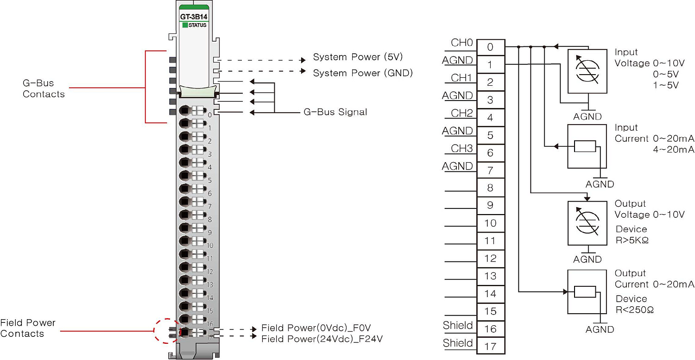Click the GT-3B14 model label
193,18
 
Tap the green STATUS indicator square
185,25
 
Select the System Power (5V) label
358,57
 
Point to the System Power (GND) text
362,73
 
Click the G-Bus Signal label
335,112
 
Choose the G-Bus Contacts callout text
44,88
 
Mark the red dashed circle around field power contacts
166,330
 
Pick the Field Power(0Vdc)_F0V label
316,328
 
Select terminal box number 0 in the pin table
490,47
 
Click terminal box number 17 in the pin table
490,346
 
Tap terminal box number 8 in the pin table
490,188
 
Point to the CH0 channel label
461,43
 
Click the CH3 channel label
461,149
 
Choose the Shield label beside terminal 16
458,325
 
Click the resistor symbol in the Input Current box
585,146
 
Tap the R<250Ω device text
634,309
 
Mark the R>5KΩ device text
634,240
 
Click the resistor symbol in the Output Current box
585,292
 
